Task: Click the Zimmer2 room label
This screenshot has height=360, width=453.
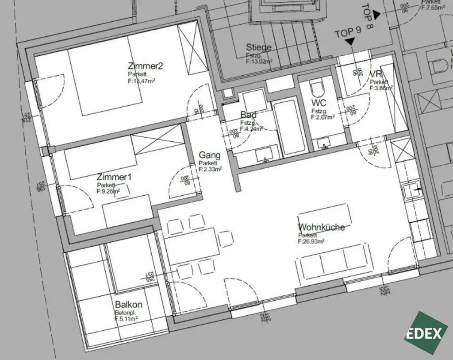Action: pos(146,66)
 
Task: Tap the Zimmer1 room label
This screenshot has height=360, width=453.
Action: pos(114,177)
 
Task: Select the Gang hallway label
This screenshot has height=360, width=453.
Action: pos(209,155)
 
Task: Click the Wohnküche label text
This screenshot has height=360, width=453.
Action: pos(321,227)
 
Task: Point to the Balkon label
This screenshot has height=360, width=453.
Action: pos(128,305)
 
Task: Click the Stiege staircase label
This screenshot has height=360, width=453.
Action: pos(259,47)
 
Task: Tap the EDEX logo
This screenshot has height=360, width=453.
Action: pos(426,333)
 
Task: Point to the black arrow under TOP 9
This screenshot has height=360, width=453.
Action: pos(350,42)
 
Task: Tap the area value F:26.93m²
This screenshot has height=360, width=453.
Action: pos(311,241)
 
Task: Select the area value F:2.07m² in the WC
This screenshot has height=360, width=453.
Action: pos(322,117)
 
